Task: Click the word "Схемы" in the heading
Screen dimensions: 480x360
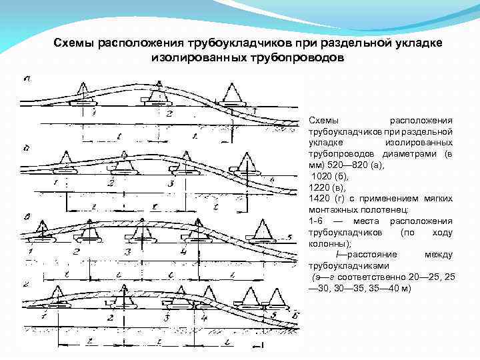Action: coord(75,43)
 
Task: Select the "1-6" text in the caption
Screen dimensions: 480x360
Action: coord(316,221)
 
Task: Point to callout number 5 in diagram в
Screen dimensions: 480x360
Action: coord(288,237)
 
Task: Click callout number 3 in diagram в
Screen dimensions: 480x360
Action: coord(127,253)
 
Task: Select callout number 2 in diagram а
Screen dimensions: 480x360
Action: coord(169,114)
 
